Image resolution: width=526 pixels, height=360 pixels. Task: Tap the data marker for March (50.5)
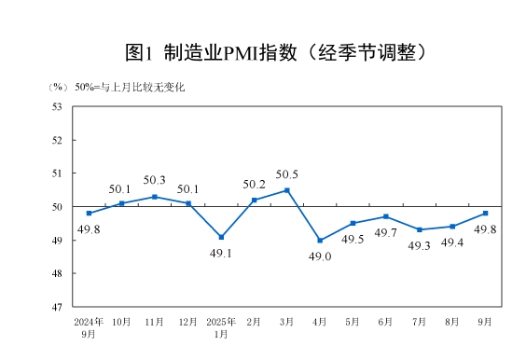(286, 190)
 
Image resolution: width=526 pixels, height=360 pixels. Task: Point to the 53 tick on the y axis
(56, 106)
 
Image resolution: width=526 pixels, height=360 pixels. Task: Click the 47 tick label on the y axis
(56, 307)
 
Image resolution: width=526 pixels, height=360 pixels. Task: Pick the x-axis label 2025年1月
(221, 326)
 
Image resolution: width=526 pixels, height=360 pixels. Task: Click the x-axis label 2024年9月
(89, 326)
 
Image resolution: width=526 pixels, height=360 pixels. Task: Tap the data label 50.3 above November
(154, 180)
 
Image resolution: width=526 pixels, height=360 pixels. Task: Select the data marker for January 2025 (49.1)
(221, 237)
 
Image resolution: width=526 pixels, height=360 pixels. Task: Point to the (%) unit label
(58, 87)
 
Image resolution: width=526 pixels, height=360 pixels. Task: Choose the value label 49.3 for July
(420, 246)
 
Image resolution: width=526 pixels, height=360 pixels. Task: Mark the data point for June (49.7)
(386, 216)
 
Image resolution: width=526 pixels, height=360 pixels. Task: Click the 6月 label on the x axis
(386, 321)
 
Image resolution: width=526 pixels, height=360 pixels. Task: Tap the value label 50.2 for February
(254, 184)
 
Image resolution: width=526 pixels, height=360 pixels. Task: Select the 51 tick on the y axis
(56, 173)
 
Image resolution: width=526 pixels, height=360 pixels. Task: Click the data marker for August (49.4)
(452, 227)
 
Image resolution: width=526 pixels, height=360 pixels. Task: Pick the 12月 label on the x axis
(187, 321)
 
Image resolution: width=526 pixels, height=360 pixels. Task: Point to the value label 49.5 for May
(353, 240)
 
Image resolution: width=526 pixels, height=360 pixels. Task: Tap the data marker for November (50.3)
(155, 197)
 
